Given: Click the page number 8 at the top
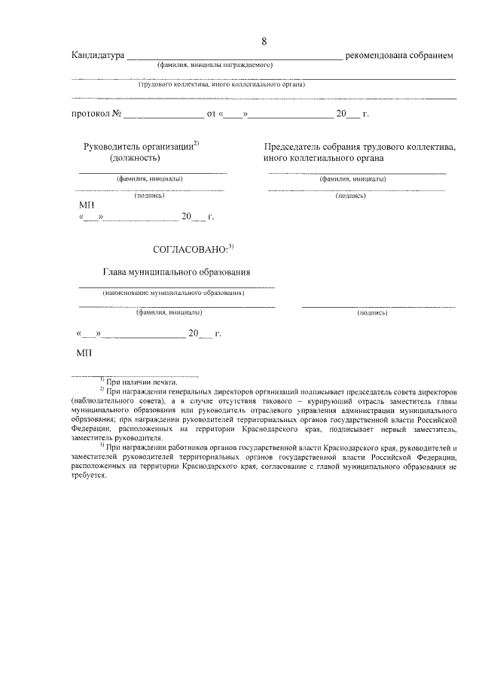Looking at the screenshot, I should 264,41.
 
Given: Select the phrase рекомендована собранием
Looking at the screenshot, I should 399,56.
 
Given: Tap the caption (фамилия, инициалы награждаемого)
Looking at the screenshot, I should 215,65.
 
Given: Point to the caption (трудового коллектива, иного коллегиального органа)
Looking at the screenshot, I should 221,84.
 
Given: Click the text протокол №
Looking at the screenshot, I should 96,114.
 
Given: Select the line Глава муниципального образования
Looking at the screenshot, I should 176,272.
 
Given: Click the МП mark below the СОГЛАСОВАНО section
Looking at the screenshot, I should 84,352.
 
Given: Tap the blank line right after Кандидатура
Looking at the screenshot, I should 233,57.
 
